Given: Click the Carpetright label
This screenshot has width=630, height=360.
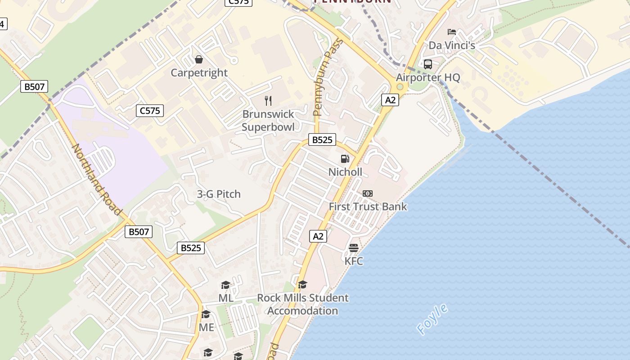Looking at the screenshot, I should tap(199, 73).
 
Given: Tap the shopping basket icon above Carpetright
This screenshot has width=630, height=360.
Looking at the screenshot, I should tap(198, 59).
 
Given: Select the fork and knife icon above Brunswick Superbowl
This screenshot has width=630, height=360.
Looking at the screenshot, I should tap(268, 100).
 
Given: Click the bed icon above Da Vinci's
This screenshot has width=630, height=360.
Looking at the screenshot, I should tap(452, 32).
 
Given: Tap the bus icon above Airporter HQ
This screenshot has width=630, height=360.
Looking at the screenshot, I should tap(428, 64).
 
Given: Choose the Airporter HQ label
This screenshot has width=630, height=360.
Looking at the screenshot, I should tap(428, 77).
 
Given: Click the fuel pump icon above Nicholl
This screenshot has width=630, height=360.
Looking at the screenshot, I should tap(345, 158).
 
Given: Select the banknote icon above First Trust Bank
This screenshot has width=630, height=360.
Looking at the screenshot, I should tap(368, 193).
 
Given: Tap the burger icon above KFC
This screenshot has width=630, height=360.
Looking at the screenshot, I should tap(354, 248).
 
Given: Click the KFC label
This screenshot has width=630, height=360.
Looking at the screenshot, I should tap(354, 261).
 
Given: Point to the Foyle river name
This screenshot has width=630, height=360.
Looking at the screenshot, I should tap(432, 320).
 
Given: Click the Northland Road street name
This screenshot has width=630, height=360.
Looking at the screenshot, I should tap(97, 180).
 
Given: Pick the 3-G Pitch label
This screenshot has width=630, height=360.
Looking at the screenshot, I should tap(219, 194).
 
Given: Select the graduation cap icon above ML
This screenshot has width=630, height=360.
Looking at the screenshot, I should tap(225, 285).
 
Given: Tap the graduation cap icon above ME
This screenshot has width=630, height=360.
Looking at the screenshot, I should tap(206, 314).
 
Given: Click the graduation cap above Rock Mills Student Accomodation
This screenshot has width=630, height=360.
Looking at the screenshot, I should tap(302, 284).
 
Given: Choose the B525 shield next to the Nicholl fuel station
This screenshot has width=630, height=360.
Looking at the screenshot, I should tap(322, 140).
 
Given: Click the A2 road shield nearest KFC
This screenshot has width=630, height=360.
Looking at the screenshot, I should tap(318, 236).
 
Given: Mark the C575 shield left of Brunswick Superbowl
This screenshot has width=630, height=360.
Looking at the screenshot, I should tap(150, 110).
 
